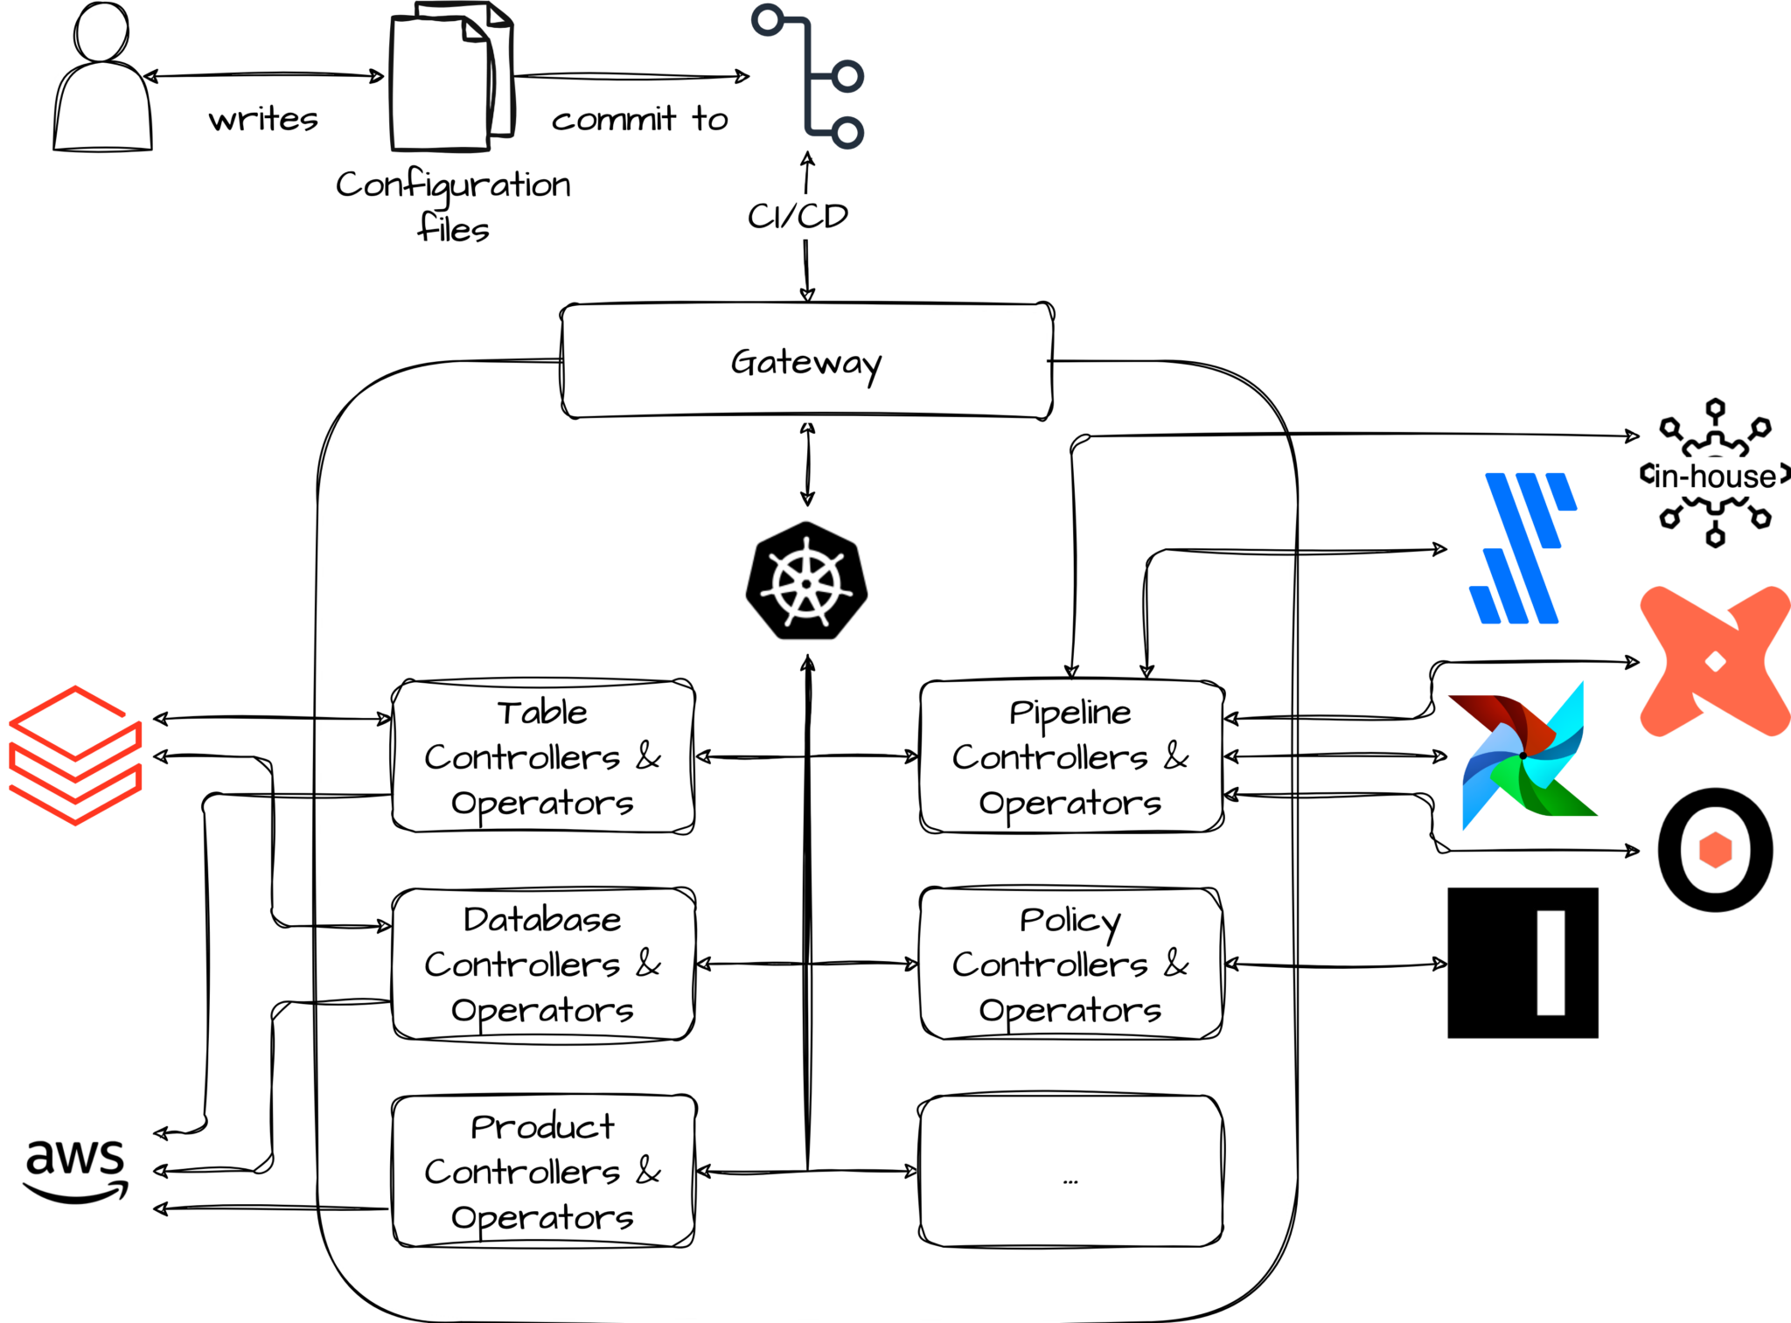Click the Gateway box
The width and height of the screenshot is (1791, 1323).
pyautogui.click(x=805, y=363)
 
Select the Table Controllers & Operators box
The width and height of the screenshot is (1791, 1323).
pyautogui.click(x=543, y=756)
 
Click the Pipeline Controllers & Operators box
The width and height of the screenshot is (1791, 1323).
pyautogui.click(x=1070, y=756)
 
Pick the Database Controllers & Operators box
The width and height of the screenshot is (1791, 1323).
pyautogui.click(x=543, y=964)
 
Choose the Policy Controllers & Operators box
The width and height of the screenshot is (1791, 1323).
pyautogui.click(x=1070, y=964)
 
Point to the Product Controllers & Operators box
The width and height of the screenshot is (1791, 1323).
pyautogui.click(x=543, y=1171)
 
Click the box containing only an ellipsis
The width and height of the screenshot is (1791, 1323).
pyautogui.click(x=1070, y=1171)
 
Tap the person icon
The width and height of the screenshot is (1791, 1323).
pyautogui.click(x=103, y=87)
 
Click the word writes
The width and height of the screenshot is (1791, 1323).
pyautogui.click(x=263, y=119)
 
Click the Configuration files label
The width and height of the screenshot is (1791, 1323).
pyautogui.click(x=453, y=207)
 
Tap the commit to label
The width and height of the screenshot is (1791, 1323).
pyautogui.click(x=640, y=119)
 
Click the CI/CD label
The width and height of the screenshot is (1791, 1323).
pyautogui.click(x=798, y=216)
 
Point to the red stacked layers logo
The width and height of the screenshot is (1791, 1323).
pyautogui.click(x=76, y=756)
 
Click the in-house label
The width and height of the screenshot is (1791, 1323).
pyautogui.click(x=1715, y=477)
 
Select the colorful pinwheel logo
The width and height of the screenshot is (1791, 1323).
pyautogui.click(x=1523, y=756)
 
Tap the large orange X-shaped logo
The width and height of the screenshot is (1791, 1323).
pyautogui.click(x=1715, y=661)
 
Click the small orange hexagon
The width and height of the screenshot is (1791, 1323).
pyautogui.click(x=1715, y=850)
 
